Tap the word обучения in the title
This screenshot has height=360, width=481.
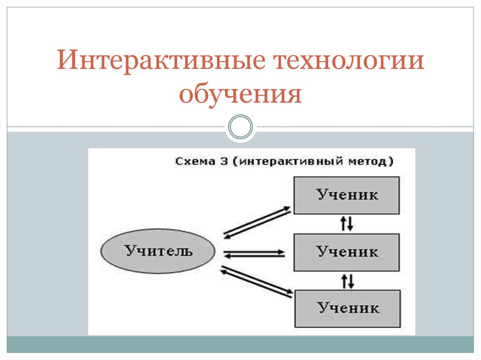(240, 93)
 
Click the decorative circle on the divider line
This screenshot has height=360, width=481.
(240, 127)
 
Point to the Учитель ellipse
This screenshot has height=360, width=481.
(159, 251)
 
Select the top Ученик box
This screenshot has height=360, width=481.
(347, 195)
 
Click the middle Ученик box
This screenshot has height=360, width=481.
(347, 252)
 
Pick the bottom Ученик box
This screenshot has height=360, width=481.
(348, 308)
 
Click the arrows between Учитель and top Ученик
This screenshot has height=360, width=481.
(254, 221)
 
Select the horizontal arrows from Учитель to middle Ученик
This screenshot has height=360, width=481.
(254, 254)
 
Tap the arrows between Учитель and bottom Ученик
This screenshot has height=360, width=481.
(254, 282)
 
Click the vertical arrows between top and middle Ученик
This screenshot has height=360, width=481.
(347, 224)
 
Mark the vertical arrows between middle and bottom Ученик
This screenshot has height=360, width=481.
(347, 281)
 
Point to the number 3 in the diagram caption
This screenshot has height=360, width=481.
(222, 161)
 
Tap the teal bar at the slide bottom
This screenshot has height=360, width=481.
(240, 344)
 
